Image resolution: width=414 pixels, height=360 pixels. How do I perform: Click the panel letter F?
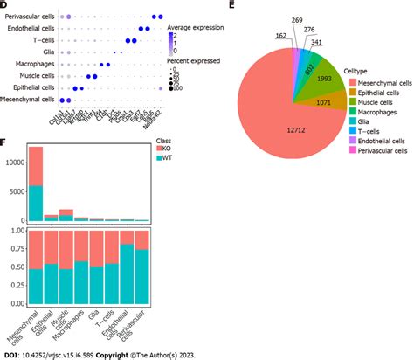coord(6,139)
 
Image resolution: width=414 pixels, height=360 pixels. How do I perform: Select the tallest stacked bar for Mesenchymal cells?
coord(37,183)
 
